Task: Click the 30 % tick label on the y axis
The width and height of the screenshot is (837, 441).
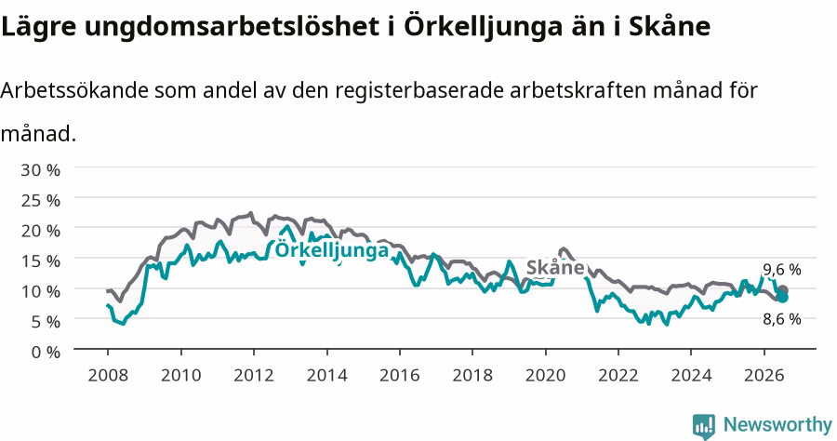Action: [41, 170]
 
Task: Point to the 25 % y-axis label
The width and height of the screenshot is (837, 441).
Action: [41, 201]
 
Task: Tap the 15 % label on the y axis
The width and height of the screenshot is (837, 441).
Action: [41, 261]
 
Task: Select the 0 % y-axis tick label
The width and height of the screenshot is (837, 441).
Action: [46, 352]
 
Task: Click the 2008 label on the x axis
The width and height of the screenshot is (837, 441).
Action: [108, 375]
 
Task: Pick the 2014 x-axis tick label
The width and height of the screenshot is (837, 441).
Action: [326, 375]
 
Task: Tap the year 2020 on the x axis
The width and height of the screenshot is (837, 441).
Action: [546, 375]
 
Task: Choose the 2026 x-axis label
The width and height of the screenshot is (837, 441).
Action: [764, 375]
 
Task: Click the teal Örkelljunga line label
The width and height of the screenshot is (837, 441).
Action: [332, 250]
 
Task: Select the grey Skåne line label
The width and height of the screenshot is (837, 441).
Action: [555, 267]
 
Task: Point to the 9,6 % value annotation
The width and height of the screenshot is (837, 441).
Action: [782, 270]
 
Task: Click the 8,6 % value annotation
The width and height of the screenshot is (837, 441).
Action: [782, 319]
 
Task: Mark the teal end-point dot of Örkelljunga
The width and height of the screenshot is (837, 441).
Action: [782, 297]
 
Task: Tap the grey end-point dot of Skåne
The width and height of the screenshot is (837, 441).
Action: [782, 290]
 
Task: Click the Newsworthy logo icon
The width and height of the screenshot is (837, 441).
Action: [704, 426]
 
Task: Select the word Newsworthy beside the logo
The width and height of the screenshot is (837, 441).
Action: [777, 425]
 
